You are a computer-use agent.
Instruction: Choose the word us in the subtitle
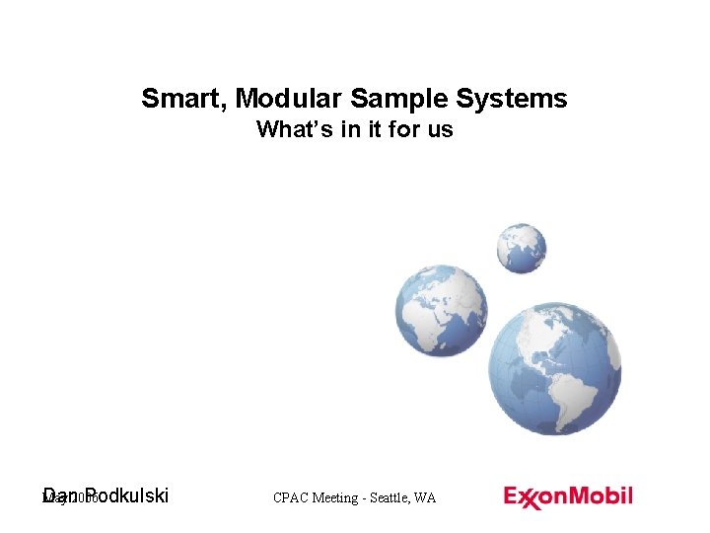441,129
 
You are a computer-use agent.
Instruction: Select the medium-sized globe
441,311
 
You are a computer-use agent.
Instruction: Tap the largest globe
554,366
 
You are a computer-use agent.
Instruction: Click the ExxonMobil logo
568,497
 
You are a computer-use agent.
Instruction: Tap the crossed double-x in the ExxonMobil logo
530,498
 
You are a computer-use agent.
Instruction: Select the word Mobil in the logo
603,495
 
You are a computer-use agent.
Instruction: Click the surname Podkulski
127,495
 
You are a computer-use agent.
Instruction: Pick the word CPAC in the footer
291,498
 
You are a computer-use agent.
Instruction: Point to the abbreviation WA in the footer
426,498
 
